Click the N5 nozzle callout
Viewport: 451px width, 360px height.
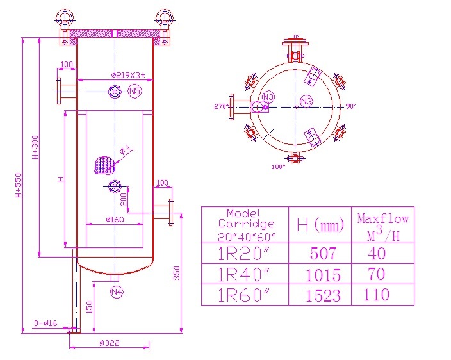tap(135, 92)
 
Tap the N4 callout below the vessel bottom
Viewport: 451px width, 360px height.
tap(116, 292)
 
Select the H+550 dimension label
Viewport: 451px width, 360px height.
tap(19, 186)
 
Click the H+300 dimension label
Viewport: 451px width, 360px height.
tap(35, 147)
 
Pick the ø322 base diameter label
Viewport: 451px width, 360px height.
tap(110, 343)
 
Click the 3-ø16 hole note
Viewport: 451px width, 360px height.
tap(45, 323)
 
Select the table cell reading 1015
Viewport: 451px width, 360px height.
tap(324, 275)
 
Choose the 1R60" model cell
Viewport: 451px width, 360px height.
tap(244, 295)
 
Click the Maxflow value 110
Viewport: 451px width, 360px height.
tap(377, 294)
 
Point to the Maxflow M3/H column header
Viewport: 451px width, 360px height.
tap(382, 226)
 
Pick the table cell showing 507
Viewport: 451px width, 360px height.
tap(323, 254)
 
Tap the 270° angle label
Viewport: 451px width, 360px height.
tap(221, 107)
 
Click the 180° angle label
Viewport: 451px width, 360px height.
tap(278, 167)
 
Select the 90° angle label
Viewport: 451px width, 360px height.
tap(350, 106)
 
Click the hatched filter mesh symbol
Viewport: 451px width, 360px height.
tap(104, 165)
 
